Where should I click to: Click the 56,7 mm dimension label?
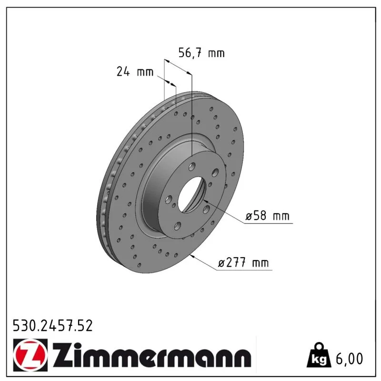[x=201, y=53]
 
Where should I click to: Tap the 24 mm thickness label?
[x=135, y=71]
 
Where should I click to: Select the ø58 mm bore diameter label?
[x=268, y=216]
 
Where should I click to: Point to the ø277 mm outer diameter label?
[x=243, y=263]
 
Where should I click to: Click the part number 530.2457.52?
[x=53, y=326]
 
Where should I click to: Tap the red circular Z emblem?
[x=30, y=355]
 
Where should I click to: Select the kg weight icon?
[x=319, y=355]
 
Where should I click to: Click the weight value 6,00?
[x=349, y=359]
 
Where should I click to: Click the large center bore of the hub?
[x=192, y=194]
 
